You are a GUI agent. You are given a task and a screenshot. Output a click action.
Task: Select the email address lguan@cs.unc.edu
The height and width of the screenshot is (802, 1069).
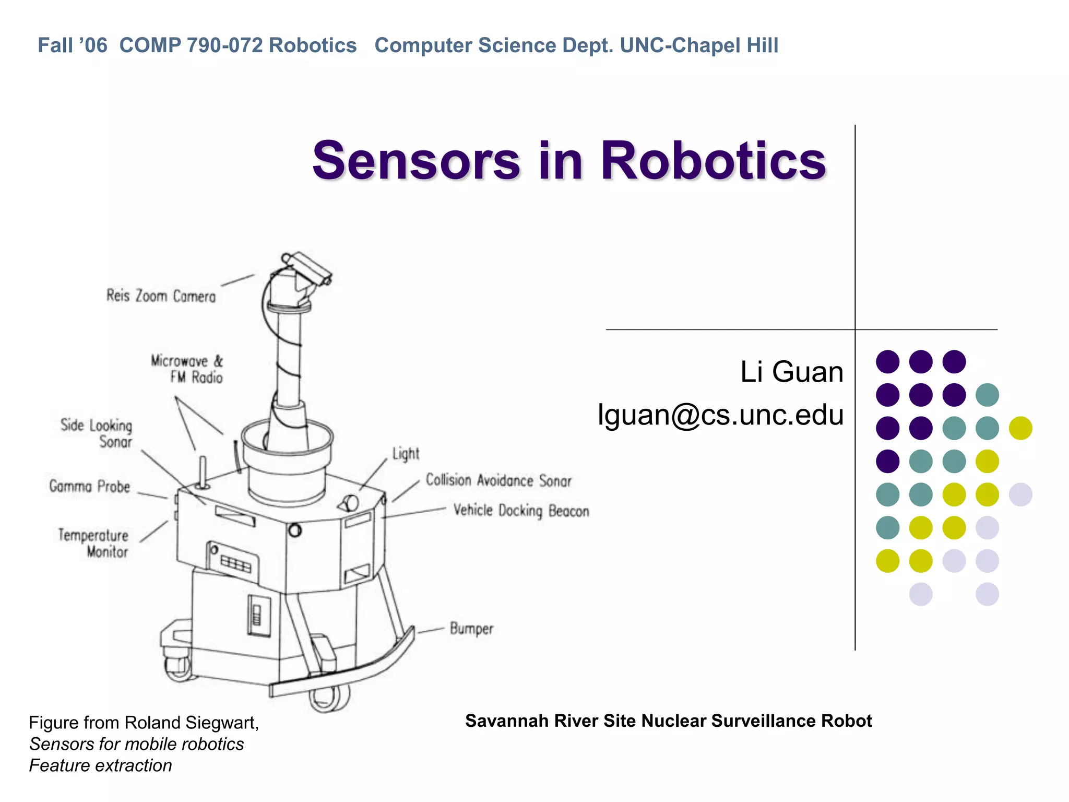720,415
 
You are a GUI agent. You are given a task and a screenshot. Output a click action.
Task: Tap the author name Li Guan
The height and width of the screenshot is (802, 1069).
791,372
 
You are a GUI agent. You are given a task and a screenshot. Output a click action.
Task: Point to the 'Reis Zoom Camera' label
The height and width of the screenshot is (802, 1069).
161,296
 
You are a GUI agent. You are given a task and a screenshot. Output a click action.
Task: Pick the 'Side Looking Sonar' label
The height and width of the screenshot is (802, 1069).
98,433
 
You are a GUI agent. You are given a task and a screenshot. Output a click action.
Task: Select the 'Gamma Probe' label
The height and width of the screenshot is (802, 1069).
90,486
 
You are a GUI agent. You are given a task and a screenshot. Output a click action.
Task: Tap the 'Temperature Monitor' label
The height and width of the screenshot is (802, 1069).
94,543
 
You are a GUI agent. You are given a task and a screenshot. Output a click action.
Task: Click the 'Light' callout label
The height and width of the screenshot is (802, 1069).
406,454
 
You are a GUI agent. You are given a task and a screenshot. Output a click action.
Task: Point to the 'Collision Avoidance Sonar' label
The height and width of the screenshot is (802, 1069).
498,480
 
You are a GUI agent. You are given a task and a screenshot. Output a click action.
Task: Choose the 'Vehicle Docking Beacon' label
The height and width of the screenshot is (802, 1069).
521,510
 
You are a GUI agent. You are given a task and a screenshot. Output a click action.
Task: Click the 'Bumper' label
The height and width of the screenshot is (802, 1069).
471,629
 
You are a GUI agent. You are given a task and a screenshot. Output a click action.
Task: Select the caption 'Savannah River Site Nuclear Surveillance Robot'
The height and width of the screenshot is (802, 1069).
668,721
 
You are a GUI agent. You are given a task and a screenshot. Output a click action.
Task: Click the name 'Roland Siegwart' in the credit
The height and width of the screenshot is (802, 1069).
192,723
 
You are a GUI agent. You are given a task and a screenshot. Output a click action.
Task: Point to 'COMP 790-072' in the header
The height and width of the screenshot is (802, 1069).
191,45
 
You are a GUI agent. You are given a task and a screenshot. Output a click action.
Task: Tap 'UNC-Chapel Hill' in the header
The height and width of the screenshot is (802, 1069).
699,45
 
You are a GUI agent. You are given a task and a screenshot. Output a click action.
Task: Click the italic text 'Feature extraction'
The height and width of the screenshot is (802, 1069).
100,765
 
